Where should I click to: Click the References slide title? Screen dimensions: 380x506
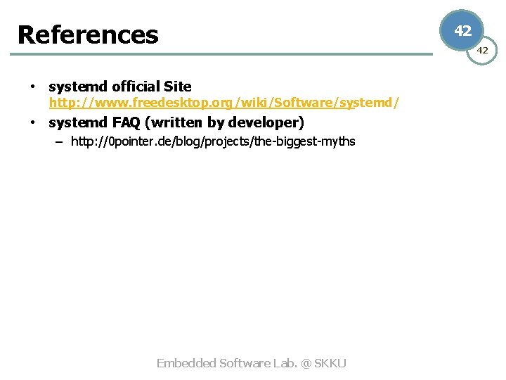[88, 34]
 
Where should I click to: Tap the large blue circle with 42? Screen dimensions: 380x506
[462, 31]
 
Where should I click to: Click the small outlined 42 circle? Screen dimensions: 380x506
[483, 50]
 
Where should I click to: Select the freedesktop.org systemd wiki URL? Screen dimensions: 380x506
[224, 103]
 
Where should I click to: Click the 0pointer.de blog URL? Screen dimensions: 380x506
[213, 141]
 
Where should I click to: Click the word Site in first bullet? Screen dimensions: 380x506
[178, 87]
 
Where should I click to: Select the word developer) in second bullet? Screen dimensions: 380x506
[266, 122]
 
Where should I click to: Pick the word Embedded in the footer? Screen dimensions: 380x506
[186, 363]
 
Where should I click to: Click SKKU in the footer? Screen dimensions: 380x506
[330, 363]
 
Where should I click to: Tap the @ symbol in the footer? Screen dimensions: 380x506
[306, 363]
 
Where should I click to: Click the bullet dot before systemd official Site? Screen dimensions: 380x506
[32, 87]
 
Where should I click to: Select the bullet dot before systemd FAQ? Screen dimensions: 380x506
[32, 123]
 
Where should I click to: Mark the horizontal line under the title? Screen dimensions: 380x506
[225, 53]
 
